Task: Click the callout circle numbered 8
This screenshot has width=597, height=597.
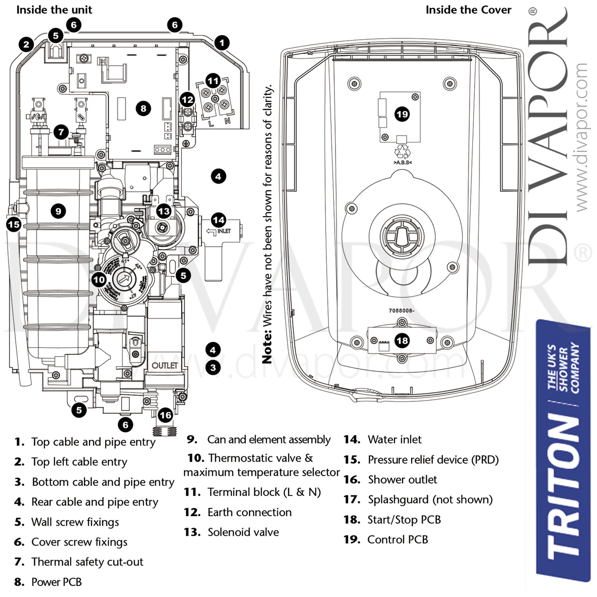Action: pyautogui.click(x=143, y=108)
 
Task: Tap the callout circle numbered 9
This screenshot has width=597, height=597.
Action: pyautogui.click(x=59, y=211)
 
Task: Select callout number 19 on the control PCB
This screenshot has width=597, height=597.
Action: pyautogui.click(x=402, y=115)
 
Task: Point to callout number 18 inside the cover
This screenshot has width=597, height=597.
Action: pyautogui.click(x=402, y=340)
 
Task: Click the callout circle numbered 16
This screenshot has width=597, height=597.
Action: pyautogui.click(x=165, y=416)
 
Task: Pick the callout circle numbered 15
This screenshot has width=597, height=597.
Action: pyautogui.click(x=14, y=224)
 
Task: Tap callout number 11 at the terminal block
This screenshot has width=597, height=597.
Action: pyautogui.click(x=213, y=81)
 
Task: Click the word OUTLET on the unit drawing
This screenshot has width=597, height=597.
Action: pyautogui.click(x=164, y=365)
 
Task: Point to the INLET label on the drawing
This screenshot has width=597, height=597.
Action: pyautogui.click(x=224, y=231)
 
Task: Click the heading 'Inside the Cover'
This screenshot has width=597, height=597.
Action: pyautogui.click(x=468, y=10)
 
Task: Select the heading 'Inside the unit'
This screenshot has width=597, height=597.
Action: pyautogui.click(x=54, y=10)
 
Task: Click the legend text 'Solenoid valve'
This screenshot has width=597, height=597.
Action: pyautogui.click(x=243, y=532)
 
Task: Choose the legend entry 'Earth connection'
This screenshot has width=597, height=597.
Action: pyautogui.click(x=250, y=512)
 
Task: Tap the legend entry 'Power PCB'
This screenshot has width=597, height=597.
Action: pyautogui.click(x=57, y=582)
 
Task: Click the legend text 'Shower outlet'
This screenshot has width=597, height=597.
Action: pyautogui.click(x=402, y=480)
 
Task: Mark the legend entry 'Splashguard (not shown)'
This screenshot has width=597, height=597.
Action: pyautogui.click(x=430, y=499)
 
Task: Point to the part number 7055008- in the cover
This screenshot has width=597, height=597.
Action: pyautogui.click(x=401, y=311)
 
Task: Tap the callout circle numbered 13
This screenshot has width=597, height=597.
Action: pyautogui.click(x=164, y=211)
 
